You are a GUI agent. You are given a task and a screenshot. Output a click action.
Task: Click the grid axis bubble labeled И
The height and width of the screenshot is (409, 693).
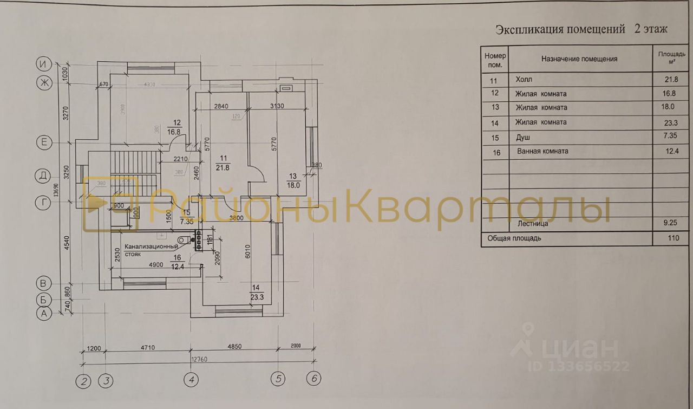[43, 64]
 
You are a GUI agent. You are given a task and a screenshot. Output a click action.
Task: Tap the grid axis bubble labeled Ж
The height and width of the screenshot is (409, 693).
[43, 83]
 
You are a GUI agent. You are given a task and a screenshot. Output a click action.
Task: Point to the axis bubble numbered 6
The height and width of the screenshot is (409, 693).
[313, 379]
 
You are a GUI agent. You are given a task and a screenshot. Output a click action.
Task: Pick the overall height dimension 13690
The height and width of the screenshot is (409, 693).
[56, 190]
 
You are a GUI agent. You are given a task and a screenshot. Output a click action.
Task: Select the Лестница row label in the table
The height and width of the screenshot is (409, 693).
[532, 223]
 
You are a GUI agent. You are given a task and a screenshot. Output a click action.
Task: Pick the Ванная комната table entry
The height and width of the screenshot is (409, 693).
[542, 151]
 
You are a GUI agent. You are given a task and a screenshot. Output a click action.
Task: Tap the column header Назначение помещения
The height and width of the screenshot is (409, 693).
[579, 59]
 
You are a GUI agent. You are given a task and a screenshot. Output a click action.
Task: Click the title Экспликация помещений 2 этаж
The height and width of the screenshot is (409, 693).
[581, 29]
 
